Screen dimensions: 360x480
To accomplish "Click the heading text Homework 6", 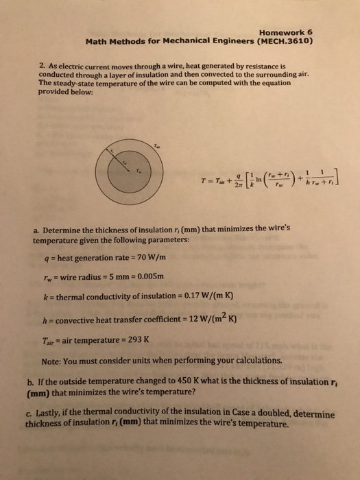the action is click(x=287, y=31).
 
